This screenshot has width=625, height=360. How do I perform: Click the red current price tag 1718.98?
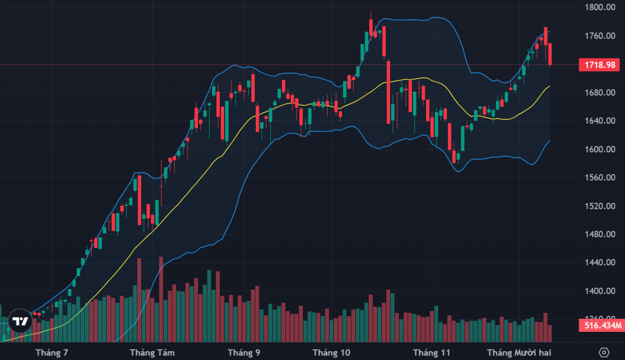pyautogui.click(x=601, y=65)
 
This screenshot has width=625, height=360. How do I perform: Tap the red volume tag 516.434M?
pyautogui.click(x=601, y=326)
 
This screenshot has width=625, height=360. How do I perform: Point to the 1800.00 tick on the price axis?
pyautogui.click(x=601, y=7)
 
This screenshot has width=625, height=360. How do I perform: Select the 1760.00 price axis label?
pyautogui.click(x=601, y=36)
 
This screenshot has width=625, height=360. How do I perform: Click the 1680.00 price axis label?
pyautogui.click(x=601, y=93)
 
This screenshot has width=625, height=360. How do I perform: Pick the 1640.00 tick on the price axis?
pyautogui.click(x=601, y=121)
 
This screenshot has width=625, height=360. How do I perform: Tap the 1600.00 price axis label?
pyautogui.click(x=601, y=150)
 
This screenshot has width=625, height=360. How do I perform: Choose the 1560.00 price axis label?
pyautogui.click(x=601, y=178)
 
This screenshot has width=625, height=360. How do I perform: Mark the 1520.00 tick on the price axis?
pyautogui.click(x=601, y=206)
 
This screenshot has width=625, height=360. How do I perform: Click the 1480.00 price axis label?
pyautogui.click(x=601, y=234)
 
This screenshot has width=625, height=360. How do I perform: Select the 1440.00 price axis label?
pyautogui.click(x=601, y=263)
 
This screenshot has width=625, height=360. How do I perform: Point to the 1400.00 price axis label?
pyautogui.click(x=601, y=291)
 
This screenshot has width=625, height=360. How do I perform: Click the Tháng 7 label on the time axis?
pyautogui.click(x=52, y=353)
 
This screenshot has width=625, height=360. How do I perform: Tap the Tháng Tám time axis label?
pyautogui.click(x=152, y=353)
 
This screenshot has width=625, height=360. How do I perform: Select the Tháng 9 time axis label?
pyautogui.click(x=244, y=353)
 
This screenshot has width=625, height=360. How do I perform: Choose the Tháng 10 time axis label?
pyautogui.click(x=331, y=353)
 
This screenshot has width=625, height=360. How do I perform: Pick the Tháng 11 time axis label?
pyautogui.click(x=432, y=353)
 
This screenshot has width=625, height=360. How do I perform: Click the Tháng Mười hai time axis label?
pyautogui.click(x=519, y=353)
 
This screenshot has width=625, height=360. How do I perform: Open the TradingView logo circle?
pyautogui.click(x=20, y=321)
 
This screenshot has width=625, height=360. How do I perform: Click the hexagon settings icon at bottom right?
pyautogui.click(x=604, y=352)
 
